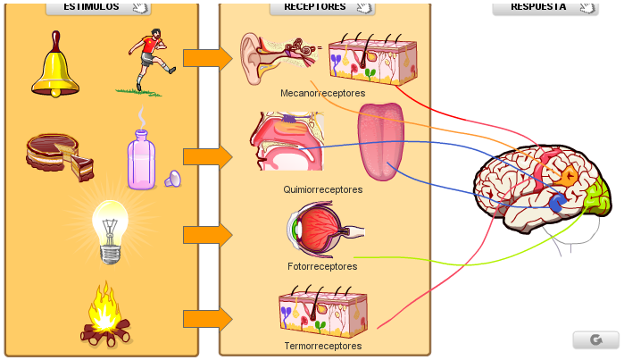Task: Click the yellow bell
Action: pyautogui.click(x=55, y=66)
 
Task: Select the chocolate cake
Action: pyautogui.click(x=60, y=156)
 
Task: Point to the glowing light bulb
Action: pyautogui.click(x=110, y=231)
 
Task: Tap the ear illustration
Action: pyautogui.click(x=279, y=59)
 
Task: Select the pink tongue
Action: pyautogui.click(x=381, y=141)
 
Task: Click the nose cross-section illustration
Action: pyautogui.click(x=287, y=141)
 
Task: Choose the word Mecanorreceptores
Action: pyautogui.click(x=323, y=93)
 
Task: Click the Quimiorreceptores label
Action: pyautogui.click(x=323, y=189)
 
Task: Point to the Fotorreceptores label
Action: pyautogui.click(x=322, y=266)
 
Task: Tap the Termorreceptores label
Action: pyautogui.click(x=323, y=346)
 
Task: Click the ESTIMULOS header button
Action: pyautogui.click(x=98, y=7)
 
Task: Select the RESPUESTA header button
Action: pyautogui.click(x=545, y=7)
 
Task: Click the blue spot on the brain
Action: pyautogui.click(x=557, y=203)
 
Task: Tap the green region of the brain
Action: pyautogui.click(x=598, y=197)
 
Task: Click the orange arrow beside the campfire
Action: pyautogui.click(x=208, y=319)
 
